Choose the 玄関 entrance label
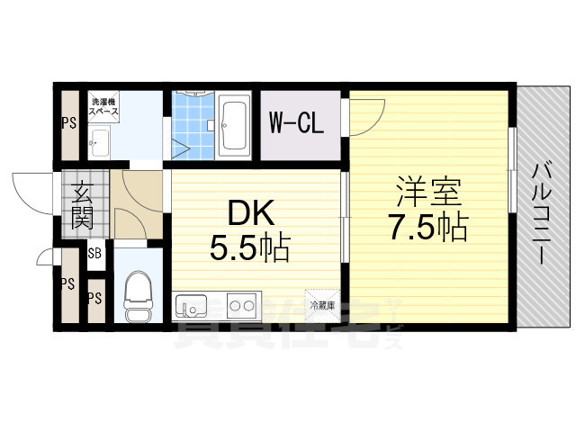(81, 206)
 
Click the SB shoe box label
(94, 254)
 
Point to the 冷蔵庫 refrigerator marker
(322, 305)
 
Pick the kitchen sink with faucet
(192, 307)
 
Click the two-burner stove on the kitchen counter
(240, 306)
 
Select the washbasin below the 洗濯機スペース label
(100, 140)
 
